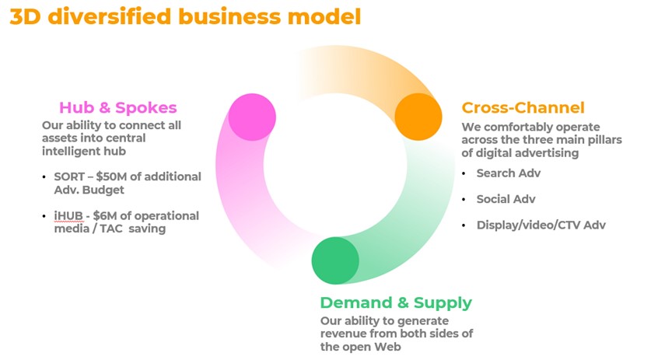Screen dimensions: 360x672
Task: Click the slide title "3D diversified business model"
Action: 185,17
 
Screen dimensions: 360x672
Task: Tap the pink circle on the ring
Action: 252,117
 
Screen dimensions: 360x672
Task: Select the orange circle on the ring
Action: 418,117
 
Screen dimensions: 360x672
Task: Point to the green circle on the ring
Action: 335,260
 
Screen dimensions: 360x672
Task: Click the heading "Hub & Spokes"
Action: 117,108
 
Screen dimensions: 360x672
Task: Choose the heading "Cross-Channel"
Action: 523,107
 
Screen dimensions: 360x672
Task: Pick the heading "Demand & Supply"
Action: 396,302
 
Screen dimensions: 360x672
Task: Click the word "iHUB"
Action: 68,215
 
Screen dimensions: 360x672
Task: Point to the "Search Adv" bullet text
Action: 508,173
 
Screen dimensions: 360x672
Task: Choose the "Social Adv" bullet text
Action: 506,199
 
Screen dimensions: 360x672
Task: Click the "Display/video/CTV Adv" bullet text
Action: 541,225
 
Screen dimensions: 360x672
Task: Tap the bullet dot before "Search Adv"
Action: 464,173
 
